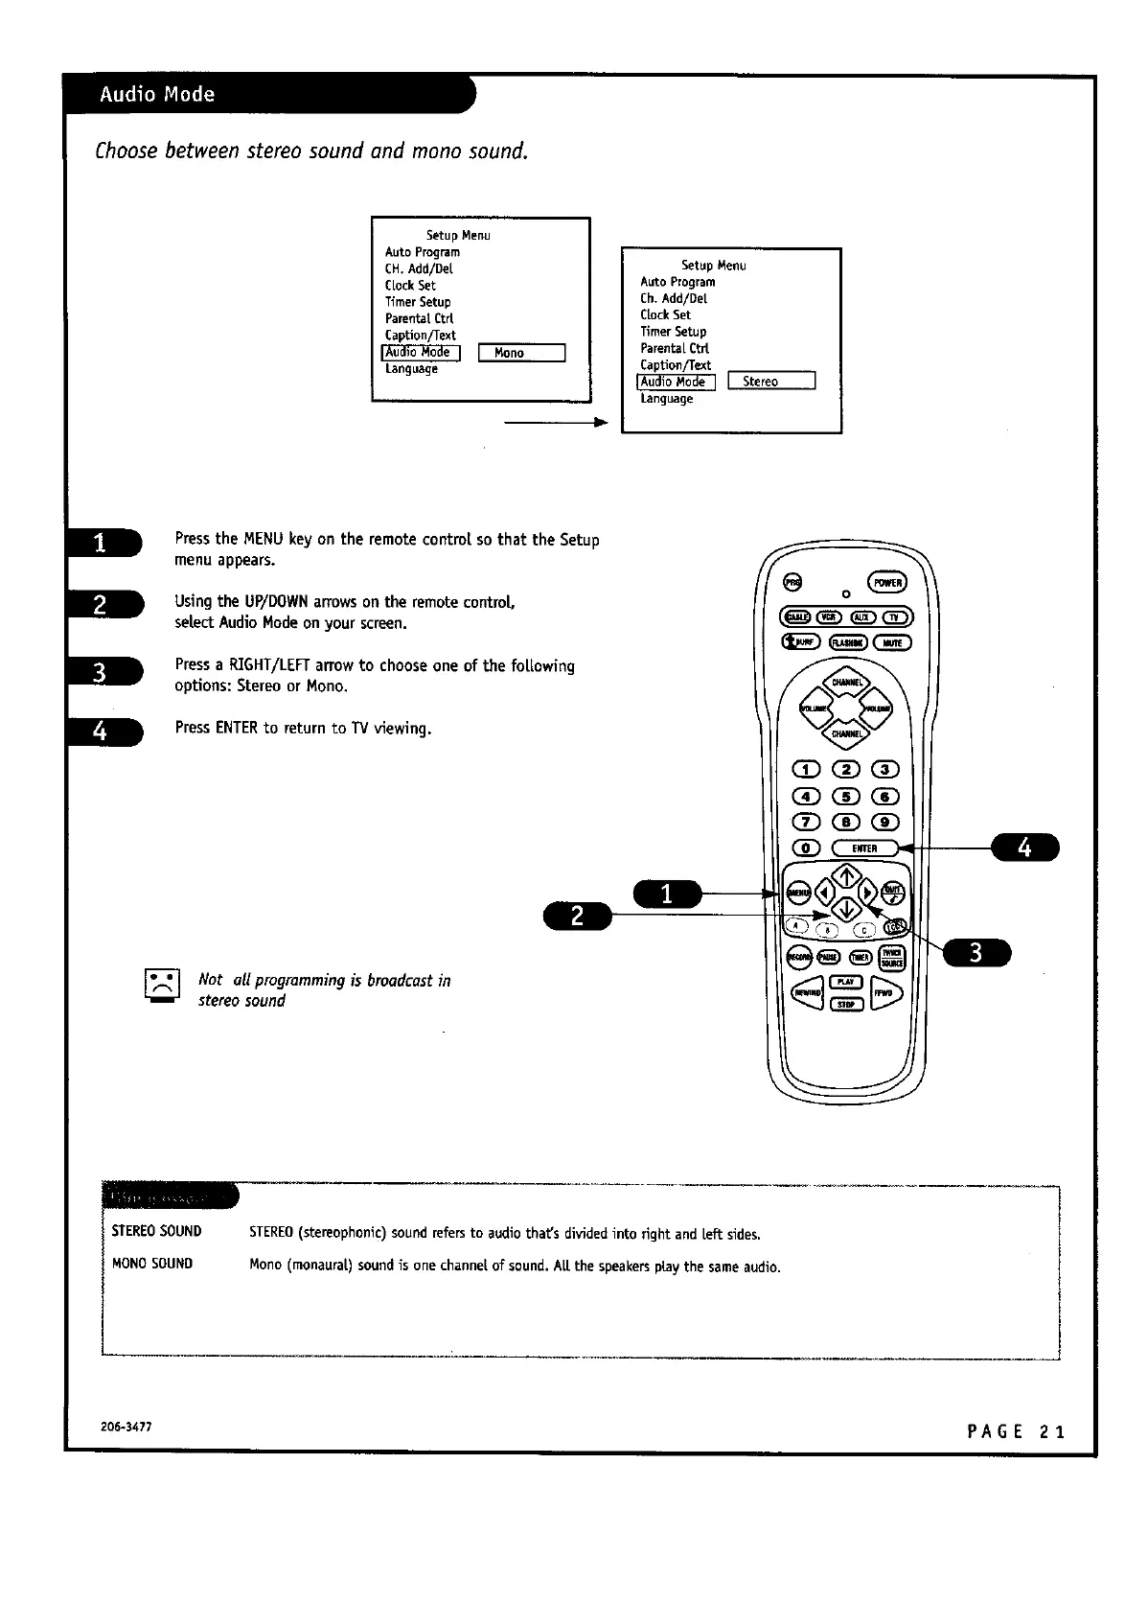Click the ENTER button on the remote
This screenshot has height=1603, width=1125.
(x=863, y=848)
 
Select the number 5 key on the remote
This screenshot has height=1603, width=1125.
(x=846, y=796)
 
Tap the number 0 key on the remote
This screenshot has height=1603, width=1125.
(x=806, y=848)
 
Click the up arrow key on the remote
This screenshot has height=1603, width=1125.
(x=846, y=875)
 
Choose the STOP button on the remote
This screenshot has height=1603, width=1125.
(x=845, y=1004)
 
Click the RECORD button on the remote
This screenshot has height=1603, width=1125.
(x=798, y=957)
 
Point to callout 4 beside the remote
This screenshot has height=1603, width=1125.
(x=1024, y=848)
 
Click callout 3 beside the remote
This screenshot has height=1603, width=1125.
(x=976, y=953)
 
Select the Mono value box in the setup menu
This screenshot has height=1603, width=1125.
(x=521, y=353)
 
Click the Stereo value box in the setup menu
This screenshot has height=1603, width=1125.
(x=771, y=382)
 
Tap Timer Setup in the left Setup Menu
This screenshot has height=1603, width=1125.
(x=418, y=302)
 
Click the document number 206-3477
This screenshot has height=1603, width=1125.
(x=126, y=1427)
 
